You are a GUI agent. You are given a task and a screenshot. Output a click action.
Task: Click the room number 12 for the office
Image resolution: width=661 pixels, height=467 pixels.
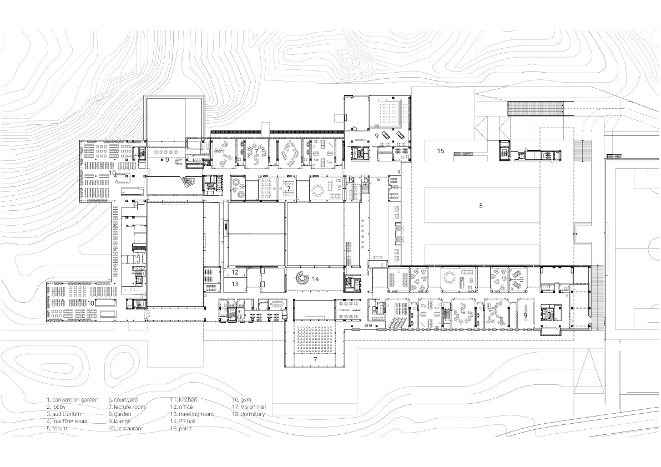235,272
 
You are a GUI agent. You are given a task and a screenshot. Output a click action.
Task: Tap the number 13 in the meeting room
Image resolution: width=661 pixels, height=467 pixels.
235,284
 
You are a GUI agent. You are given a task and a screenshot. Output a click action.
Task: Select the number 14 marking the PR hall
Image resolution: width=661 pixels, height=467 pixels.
315,279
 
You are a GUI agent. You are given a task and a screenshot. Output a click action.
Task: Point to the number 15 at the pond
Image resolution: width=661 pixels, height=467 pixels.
441,151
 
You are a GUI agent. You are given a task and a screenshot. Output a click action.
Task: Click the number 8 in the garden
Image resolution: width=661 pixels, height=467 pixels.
481,205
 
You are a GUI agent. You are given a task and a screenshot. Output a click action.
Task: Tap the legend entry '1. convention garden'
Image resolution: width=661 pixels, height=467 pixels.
73,399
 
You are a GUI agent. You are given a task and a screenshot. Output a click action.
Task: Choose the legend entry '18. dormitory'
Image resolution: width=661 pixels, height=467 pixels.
248,414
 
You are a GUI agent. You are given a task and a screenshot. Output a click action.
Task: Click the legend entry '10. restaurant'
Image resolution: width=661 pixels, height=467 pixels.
126,428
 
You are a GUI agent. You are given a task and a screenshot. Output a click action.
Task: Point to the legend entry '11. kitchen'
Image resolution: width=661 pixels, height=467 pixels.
183,399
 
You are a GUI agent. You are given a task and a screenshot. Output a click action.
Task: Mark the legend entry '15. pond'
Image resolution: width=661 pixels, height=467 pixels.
181,428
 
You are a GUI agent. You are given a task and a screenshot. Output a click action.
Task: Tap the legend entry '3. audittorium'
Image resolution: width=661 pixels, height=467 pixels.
64,414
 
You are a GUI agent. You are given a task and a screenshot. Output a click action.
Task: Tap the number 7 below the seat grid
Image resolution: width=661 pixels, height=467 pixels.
315,360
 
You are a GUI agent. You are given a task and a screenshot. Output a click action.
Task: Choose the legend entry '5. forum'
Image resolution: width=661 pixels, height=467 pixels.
57,428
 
